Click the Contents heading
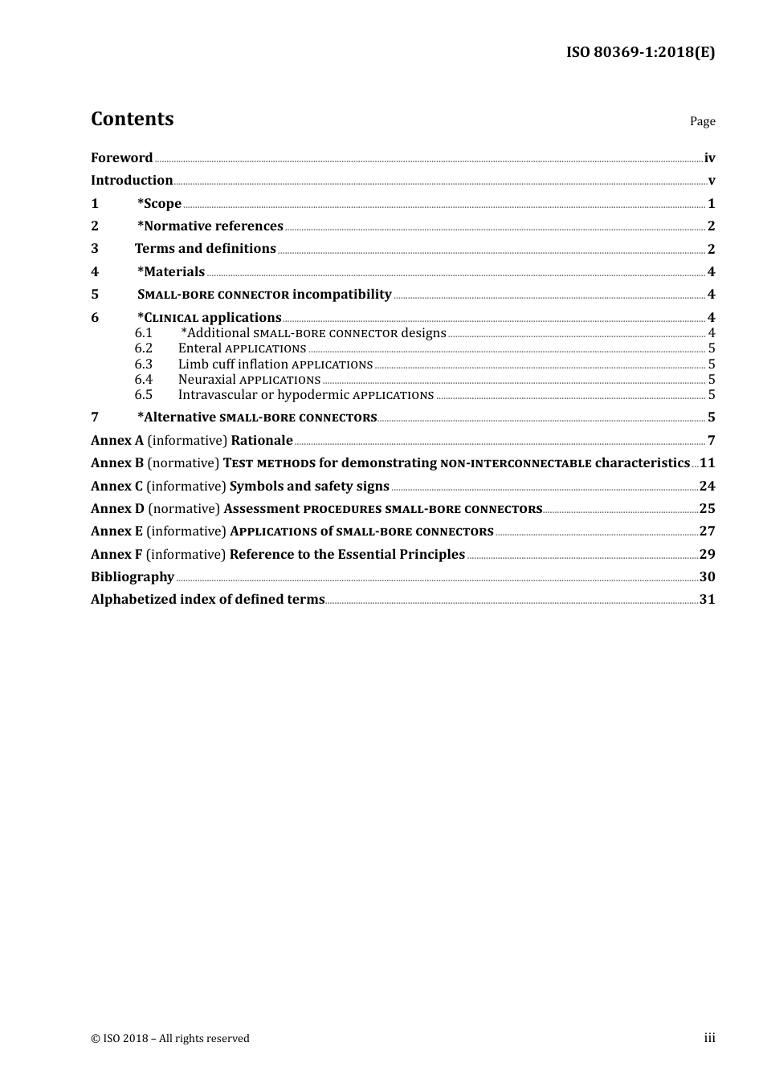click(x=132, y=119)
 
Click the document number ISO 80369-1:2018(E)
click(x=640, y=52)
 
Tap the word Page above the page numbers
click(x=702, y=121)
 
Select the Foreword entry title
click(x=121, y=158)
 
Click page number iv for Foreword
click(x=709, y=158)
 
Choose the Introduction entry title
click(x=132, y=181)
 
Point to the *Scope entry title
click(x=159, y=204)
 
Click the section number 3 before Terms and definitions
click(x=95, y=249)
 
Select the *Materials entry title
click(x=171, y=272)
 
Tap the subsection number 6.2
click(x=144, y=348)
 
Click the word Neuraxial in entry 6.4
click(x=207, y=380)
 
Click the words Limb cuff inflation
click(x=233, y=364)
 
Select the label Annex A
click(x=117, y=441)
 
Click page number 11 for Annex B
click(x=707, y=463)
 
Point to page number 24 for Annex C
click(x=707, y=487)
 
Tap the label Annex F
click(x=116, y=555)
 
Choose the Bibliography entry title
click(x=133, y=577)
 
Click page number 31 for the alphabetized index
click(x=707, y=600)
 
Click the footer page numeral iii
click(x=709, y=1038)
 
